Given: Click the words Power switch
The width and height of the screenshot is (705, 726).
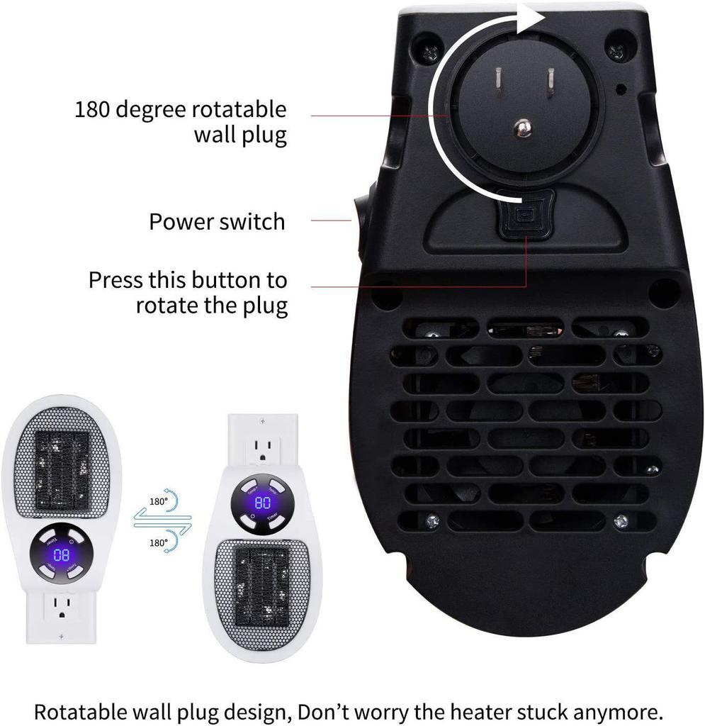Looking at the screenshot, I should coord(217,221).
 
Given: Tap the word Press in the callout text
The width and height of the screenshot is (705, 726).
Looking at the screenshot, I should coord(115,279).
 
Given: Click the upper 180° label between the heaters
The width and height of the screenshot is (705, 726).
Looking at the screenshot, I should coord(159,501).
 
